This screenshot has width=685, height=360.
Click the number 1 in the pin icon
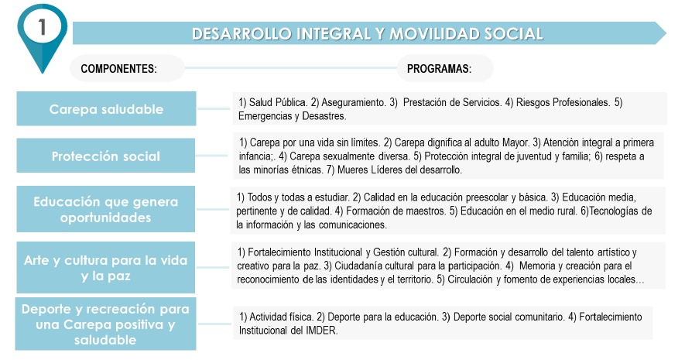coord(43,26)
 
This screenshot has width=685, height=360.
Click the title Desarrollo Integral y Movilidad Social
coord(367,33)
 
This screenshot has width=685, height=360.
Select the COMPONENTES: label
coord(119,69)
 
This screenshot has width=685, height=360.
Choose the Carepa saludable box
coord(107,109)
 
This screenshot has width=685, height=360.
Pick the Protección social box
coord(107,156)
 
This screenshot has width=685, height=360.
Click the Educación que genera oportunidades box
coord(107,210)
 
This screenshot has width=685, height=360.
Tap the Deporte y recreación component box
coord(107,324)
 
